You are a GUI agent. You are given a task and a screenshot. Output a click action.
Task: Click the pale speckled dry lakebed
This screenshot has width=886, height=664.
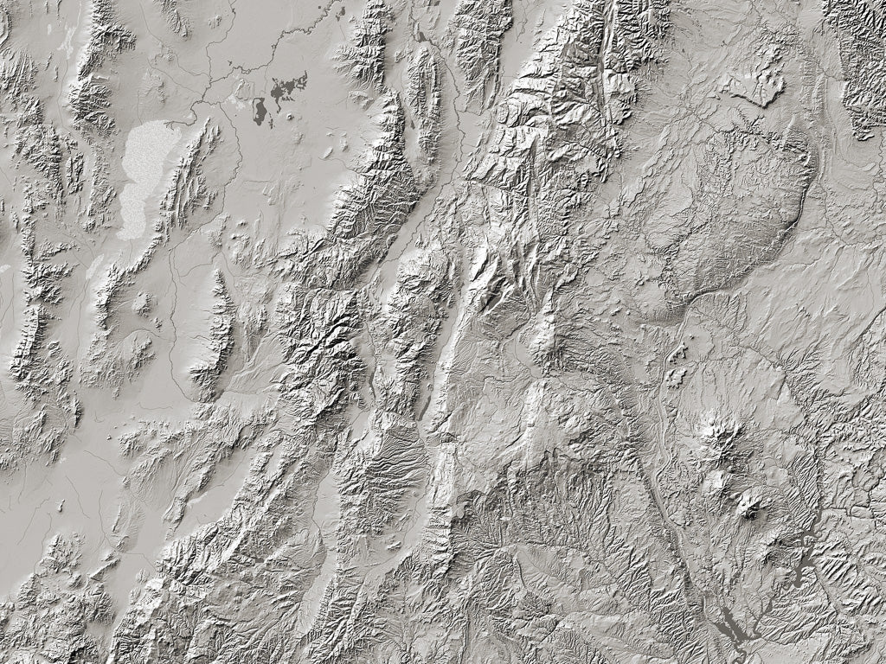pyautogui.click(x=145, y=177)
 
